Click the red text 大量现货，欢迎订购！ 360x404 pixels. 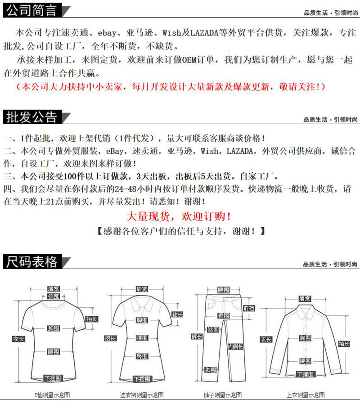(179, 216)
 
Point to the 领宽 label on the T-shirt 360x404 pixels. (54, 296)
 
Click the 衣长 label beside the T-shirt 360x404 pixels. (18, 339)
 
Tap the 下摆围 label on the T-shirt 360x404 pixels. (54, 377)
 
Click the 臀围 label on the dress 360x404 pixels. (142, 356)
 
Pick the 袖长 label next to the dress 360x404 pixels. (177, 314)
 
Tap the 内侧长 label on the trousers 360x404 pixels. (235, 346)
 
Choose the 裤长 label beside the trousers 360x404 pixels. (196, 336)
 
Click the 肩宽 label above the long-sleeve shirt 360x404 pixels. (305, 299)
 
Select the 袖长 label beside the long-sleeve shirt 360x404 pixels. (344, 344)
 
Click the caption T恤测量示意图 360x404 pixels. (52, 395)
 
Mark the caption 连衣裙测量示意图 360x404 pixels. (142, 395)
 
